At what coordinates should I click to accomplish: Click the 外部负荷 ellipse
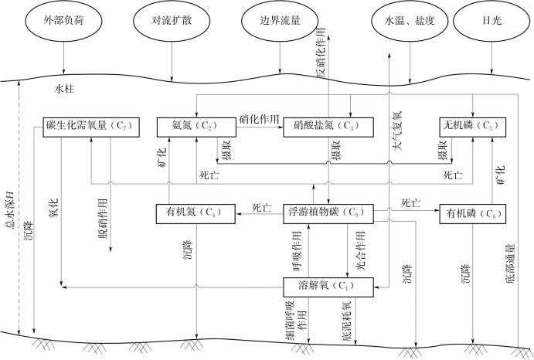[60, 22]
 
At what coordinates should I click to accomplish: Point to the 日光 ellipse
[491, 22]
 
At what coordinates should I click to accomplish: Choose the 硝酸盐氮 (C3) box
[328, 125]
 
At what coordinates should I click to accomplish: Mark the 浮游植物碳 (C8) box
[328, 211]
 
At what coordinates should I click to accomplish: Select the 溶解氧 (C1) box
[328, 286]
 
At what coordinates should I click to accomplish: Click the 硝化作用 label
[259, 117]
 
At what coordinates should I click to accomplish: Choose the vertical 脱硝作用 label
[103, 219]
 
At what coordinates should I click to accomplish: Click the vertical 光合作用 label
[359, 250]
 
